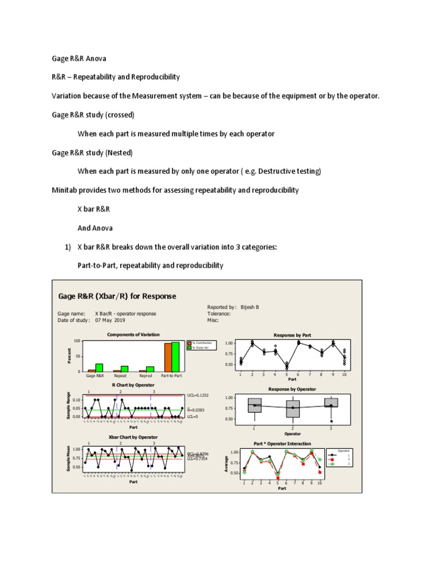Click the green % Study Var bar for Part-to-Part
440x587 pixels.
click(x=175, y=357)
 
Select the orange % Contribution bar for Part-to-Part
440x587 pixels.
click(x=168, y=357)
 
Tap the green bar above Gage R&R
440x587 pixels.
click(x=99, y=367)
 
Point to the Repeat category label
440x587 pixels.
click(x=120, y=375)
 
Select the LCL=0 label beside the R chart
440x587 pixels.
click(x=193, y=417)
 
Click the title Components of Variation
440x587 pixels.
click(x=133, y=334)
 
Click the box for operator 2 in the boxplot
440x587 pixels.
click(x=292, y=408)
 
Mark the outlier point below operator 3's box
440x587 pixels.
click(x=332, y=421)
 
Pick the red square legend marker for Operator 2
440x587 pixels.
click(x=332, y=459)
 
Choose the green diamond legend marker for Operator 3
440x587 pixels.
click(x=332, y=464)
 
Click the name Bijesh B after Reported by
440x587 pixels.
click(x=249, y=307)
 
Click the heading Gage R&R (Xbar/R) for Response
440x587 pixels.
click(x=118, y=296)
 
